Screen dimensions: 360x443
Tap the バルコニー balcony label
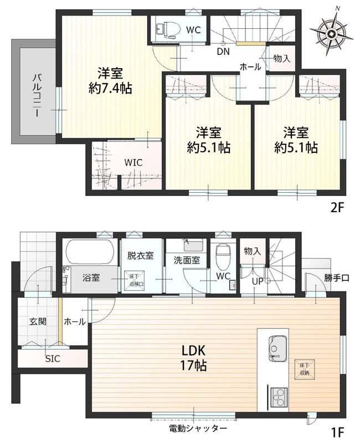37,95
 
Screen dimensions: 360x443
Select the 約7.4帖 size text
110,89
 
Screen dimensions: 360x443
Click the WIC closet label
133,163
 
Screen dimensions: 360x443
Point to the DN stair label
223,51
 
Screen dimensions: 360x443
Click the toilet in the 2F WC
168,29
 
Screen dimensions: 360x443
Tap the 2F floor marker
337,208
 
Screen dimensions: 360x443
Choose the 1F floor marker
337,432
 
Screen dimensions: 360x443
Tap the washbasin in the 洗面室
193,245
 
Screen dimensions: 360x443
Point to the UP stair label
258,281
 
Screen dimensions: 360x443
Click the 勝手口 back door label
337,279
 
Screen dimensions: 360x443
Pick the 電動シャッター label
198,429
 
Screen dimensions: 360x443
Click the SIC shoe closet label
53,359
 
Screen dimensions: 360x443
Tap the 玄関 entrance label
38,322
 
